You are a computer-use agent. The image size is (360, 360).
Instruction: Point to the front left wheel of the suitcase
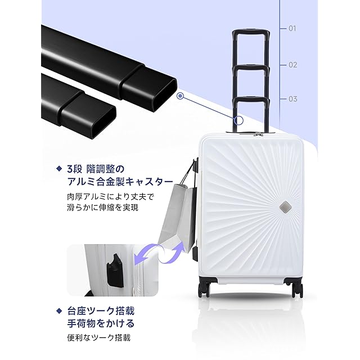tap(204, 289)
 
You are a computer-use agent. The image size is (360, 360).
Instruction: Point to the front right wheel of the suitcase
tap(297, 289)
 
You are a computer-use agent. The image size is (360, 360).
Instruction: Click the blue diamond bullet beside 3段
tap(58, 168)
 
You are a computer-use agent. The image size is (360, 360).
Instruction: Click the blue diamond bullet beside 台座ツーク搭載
tap(58, 310)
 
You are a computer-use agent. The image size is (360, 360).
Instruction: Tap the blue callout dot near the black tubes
tap(180, 96)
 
